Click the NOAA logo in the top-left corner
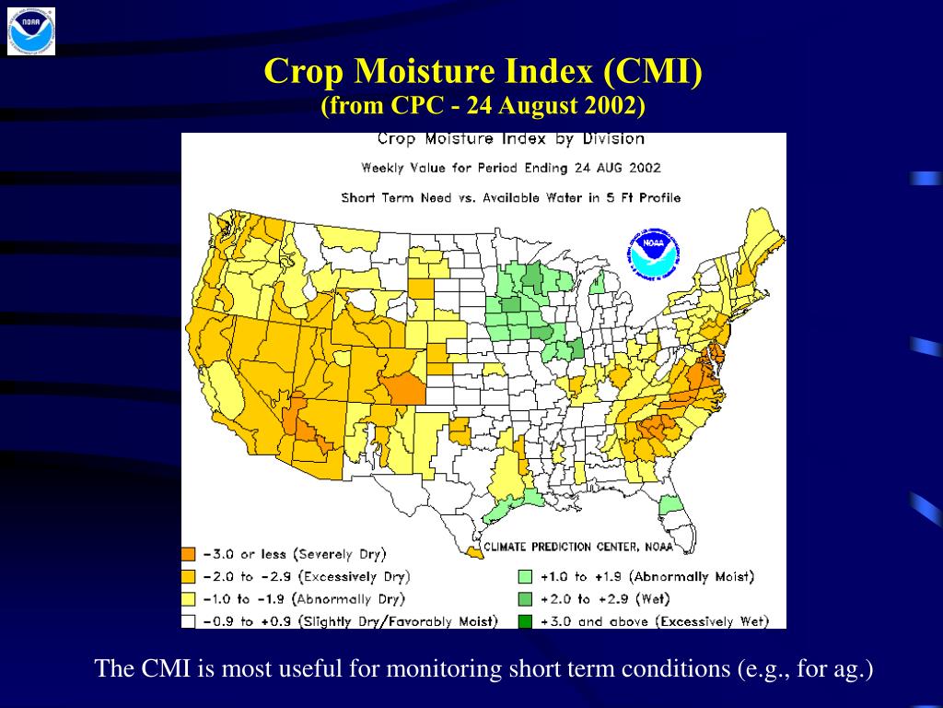tap(31, 30)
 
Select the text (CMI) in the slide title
tap(653, 71)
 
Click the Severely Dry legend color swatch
tap(189, 554)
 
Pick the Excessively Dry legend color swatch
tap(189, 576)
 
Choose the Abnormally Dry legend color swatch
tap(189, 598)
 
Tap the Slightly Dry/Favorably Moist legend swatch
tap(189, 620)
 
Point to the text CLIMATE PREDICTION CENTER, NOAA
tap(578, 546)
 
